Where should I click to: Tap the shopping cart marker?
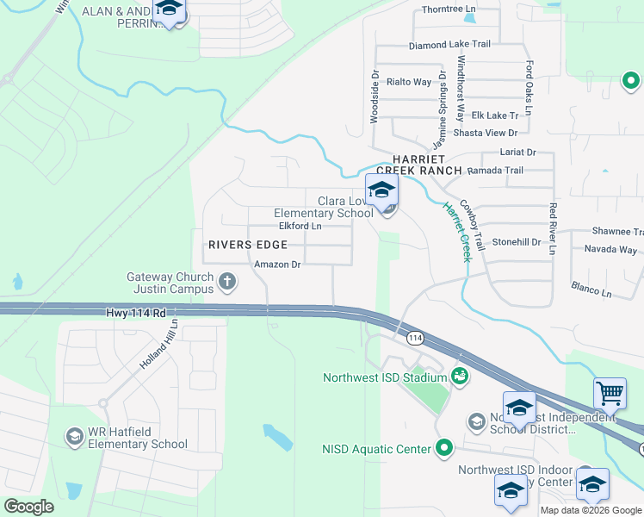pos(610,394)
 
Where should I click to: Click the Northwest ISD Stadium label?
pos(384,377)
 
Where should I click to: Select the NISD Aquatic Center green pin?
pos(444,447)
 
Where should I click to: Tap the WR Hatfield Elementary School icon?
pos(75,437)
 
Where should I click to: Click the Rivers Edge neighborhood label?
pos(246,245)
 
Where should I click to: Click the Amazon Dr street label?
pos(276,265)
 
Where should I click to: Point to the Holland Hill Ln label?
pos(160,346)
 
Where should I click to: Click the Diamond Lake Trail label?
pos(449,45)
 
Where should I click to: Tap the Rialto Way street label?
pos(409,82)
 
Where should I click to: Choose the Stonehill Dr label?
pos(514,243)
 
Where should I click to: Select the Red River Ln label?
pos(553,228)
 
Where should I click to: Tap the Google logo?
pos(28,507)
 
